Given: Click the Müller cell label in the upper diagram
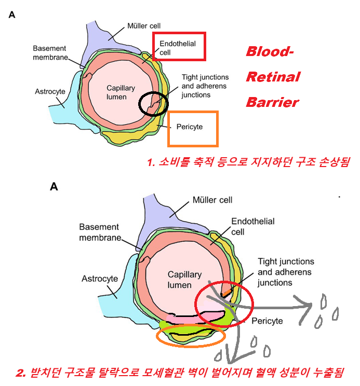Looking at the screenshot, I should [x=144, y=25].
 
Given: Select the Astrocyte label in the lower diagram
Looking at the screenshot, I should [x=100, y=279].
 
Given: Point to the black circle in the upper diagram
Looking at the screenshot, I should [x=154, y=103].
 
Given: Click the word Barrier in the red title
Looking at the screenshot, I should [x=273, y=101].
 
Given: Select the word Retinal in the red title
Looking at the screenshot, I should [x=273, y=77].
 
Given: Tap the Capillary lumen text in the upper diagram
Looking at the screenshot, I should [x=120, y=92].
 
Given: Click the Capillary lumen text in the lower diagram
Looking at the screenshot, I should [x=180, y=280].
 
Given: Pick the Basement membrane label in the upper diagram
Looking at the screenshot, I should [x=49, y=52].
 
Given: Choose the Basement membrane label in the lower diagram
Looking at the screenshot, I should [x=99, y=232].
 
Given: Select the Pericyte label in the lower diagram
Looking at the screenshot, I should [x=267, y=321].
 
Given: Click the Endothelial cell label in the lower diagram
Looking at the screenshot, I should [x=252, y=226].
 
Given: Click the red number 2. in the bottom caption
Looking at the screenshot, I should [x=21, y=373].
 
